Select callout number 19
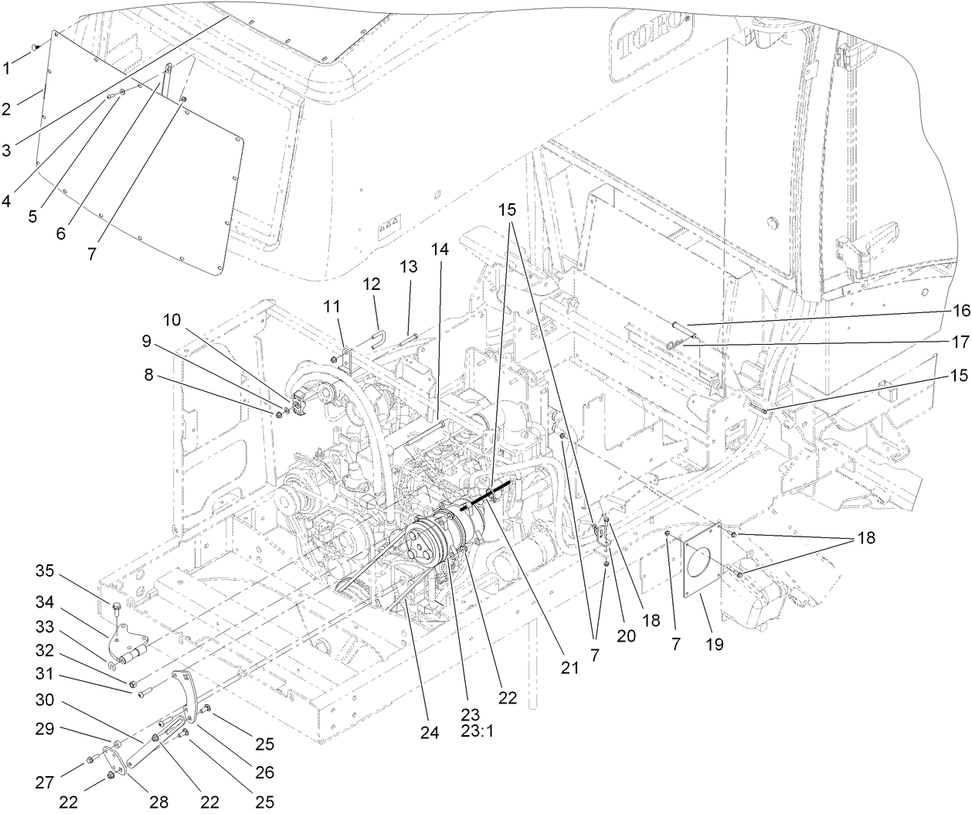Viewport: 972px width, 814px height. tap(714, 642)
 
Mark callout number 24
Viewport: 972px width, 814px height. tap(430, 733)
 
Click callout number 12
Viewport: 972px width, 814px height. tap(372, 284)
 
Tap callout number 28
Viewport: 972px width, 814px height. tap(159, 802)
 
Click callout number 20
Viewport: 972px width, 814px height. tap(625, 635)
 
